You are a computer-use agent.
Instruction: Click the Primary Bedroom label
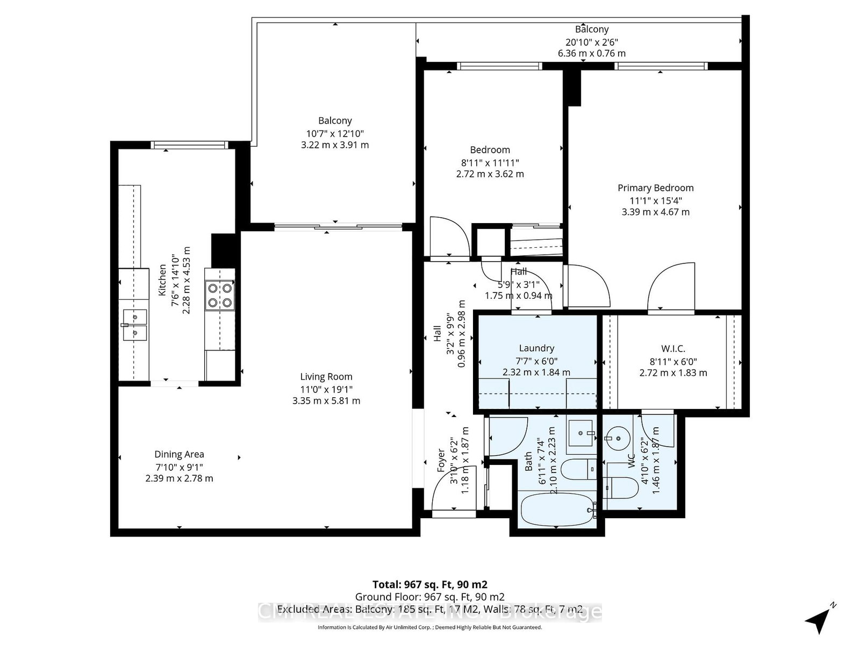655,188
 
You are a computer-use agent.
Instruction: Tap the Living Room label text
326,377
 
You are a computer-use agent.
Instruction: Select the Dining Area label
179,454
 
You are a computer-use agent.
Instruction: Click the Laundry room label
536,348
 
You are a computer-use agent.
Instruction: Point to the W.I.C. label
673,349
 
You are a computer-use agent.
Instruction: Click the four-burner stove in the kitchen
220,295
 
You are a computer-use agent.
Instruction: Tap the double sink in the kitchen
134,325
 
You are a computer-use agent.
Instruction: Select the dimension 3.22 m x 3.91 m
335,145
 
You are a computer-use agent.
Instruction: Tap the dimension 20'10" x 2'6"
591,42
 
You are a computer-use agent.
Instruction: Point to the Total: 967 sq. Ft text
430,584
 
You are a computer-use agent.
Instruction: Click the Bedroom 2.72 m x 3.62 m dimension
490,174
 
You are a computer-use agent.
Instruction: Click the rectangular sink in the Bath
582,432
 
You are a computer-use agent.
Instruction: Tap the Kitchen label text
162,279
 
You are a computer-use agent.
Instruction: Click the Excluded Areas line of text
430,610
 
